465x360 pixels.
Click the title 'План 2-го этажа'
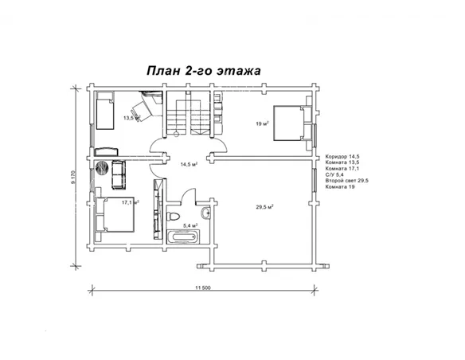click(x=204, y=71)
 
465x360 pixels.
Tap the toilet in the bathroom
click(x=173, y=216)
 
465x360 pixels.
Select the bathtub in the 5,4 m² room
click(x=183, y=237)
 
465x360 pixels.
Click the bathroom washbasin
click(x=205, y=213)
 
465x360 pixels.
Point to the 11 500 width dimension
click(x=203, y=288)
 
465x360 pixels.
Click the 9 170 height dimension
click(x=73, y=177)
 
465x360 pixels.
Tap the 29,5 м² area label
click(x=264, y=207)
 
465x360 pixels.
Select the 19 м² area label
click(x=262, y=123)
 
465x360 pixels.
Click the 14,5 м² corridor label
click(x=190, y=164)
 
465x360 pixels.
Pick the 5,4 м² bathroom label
click(x=190, y=225)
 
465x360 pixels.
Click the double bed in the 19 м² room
click(x=292, y=123)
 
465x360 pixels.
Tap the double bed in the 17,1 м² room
click(x=115, y=214)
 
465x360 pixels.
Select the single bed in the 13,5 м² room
click(x=104, y=110)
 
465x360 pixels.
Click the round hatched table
click(x=103, y=167)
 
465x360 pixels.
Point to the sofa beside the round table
click(x=119, y=174)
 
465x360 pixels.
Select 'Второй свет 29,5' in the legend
click(x=346, y=181)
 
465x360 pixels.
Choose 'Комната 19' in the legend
click(x=340, y=187)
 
